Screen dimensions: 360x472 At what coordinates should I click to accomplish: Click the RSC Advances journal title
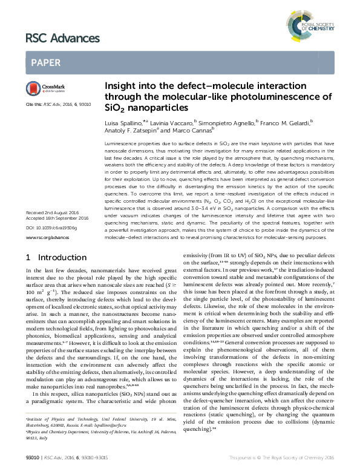click(62, 39)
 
